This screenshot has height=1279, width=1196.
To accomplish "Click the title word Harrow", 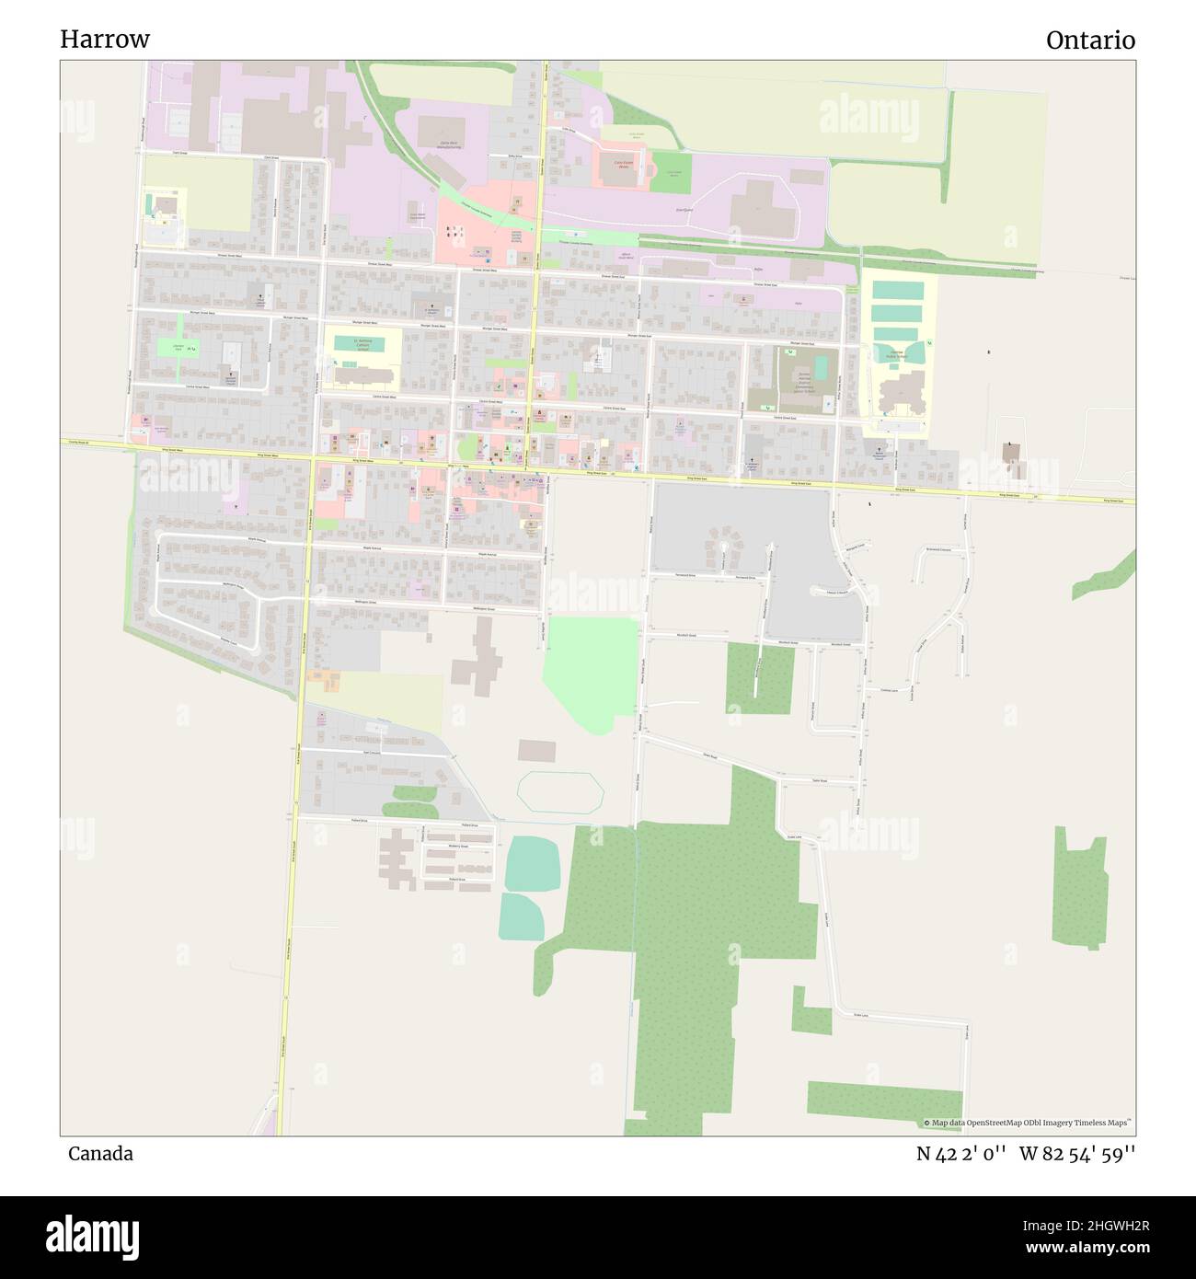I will point(105,40).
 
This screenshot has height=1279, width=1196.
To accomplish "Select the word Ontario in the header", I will point(1089,40).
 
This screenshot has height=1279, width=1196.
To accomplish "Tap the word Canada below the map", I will point(100,1154).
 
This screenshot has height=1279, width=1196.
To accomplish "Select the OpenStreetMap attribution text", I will point(1030,1123).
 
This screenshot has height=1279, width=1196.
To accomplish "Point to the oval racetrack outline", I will point(560,790).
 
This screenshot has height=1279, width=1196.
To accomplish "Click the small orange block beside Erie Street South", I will point(324,681).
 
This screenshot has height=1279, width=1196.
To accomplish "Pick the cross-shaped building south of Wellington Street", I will point(478,660).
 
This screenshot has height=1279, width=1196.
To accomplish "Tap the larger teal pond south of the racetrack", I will point(532,863).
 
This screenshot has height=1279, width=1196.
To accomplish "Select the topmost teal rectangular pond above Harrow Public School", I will point(897,290).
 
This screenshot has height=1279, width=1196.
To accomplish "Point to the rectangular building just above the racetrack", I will point(536,751).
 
